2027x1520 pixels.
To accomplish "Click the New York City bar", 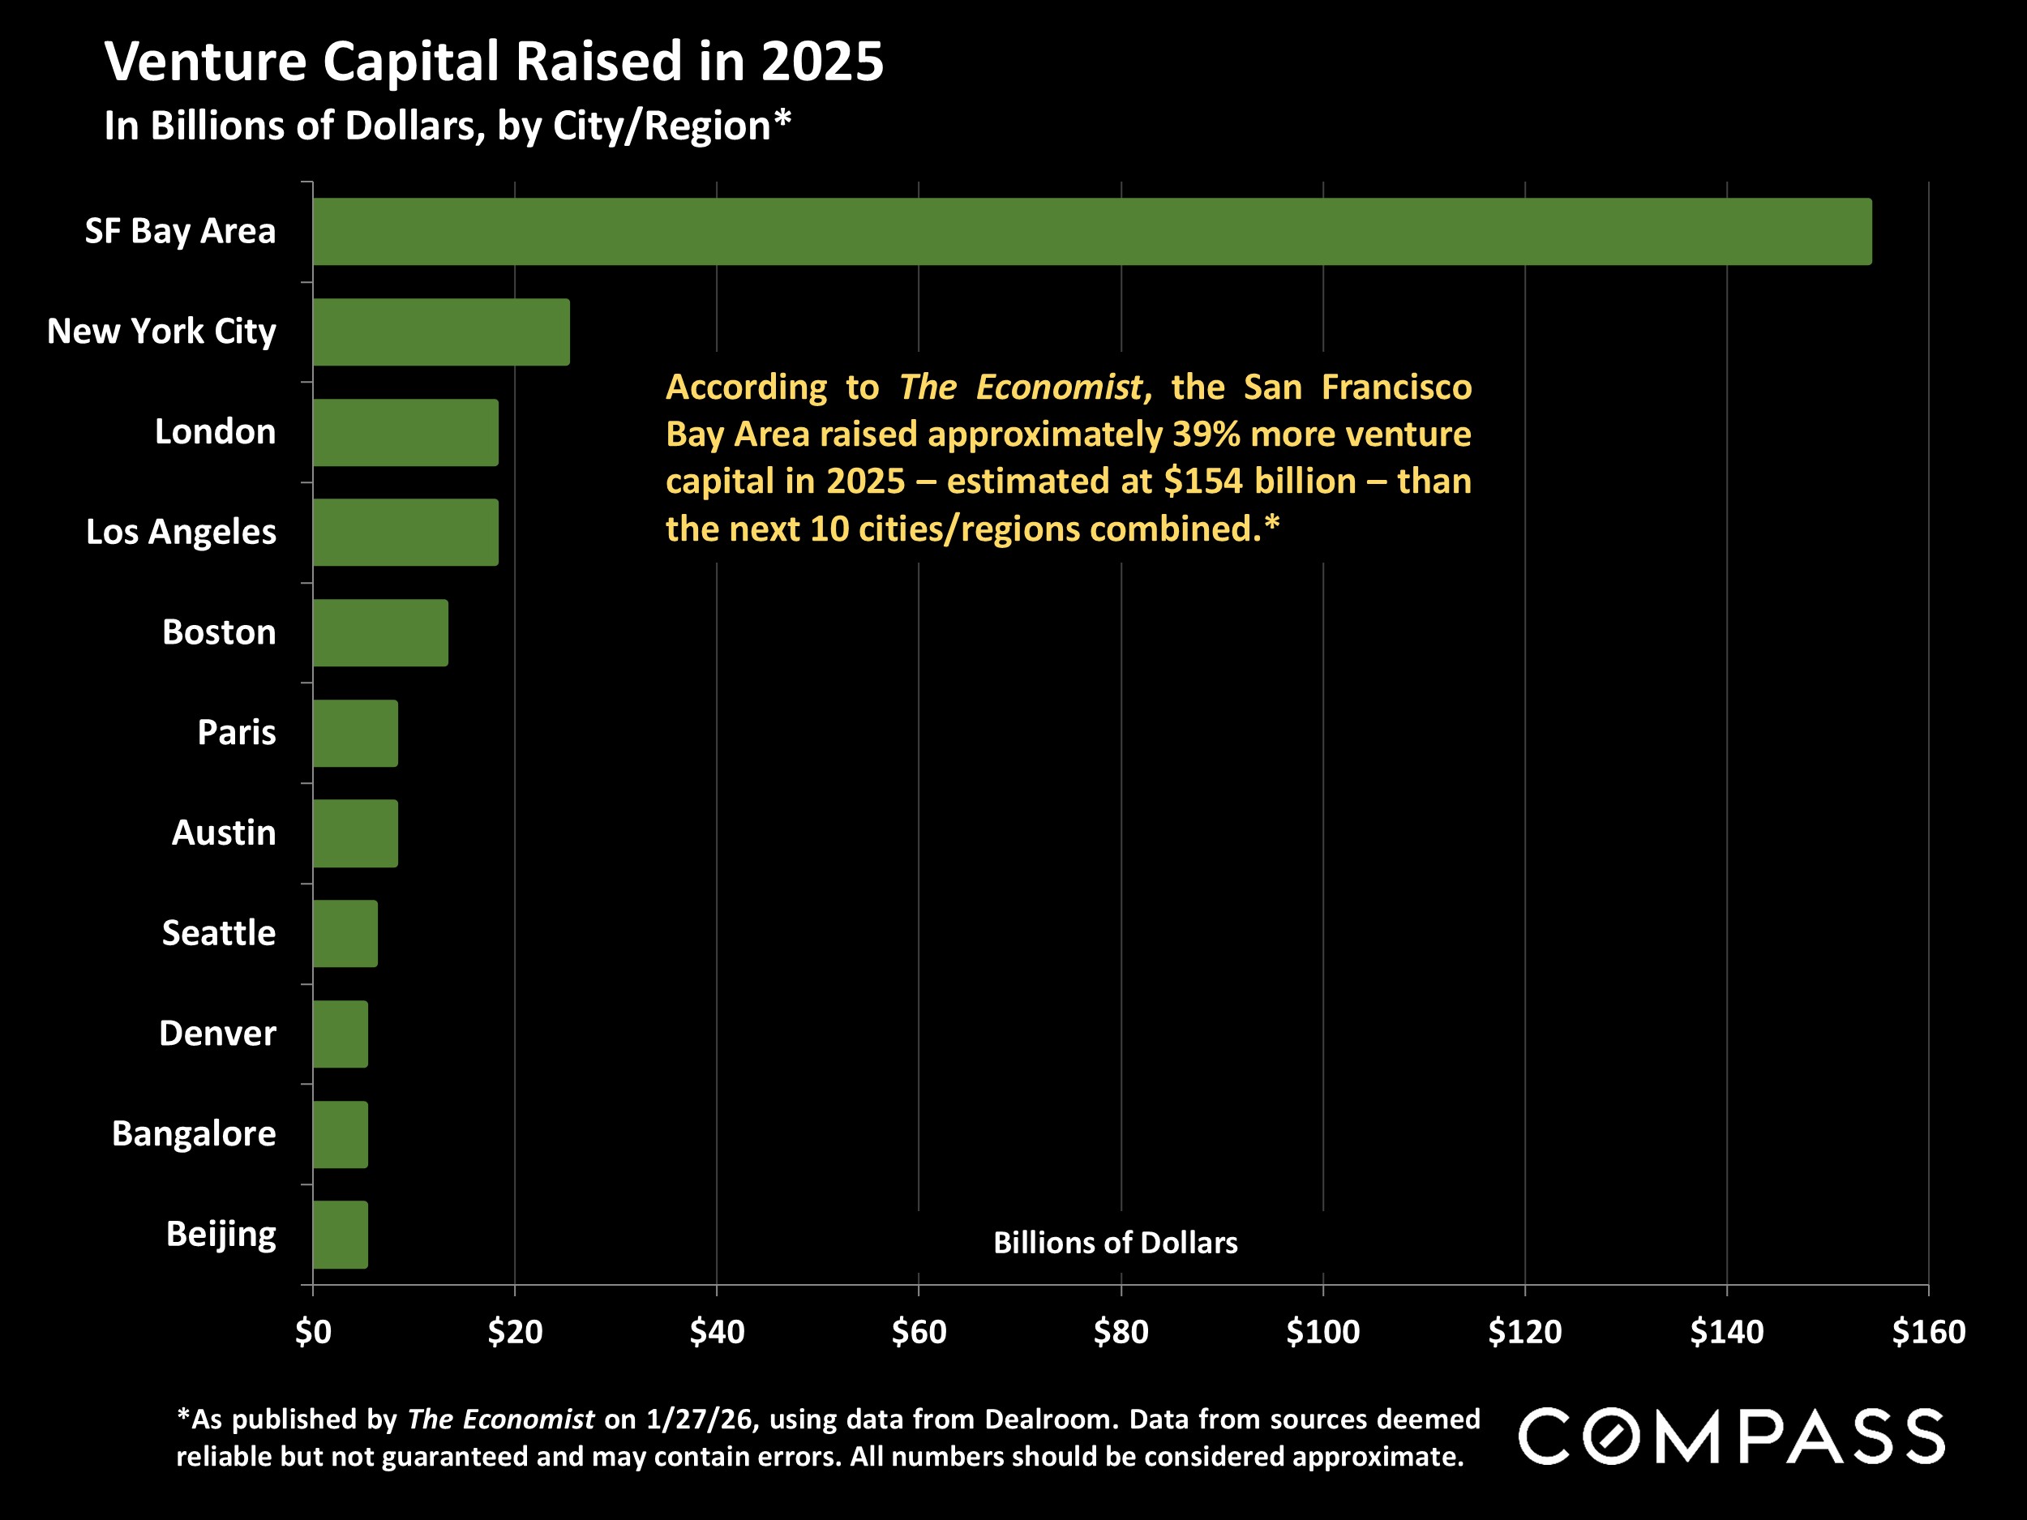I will [441, 332].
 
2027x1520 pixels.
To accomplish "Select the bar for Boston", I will [380, 632].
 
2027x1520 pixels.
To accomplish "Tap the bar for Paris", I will [356, 733].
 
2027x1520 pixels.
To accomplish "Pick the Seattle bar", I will [345, 933].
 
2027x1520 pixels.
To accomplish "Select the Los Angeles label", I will [181, 532].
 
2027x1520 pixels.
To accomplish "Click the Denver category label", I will [217, 1034].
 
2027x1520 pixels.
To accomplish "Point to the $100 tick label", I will [1322, 1331].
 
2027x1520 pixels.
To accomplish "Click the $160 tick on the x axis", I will [1928, 1331].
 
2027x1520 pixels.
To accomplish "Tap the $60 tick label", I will [918, 1331].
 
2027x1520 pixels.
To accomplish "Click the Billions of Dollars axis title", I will [1115, 1243].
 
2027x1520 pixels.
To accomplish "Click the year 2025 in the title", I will [822, 62].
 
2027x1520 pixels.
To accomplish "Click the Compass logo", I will [1731, 1437].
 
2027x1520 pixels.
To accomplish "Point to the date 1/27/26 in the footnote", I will [702, 1419].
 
